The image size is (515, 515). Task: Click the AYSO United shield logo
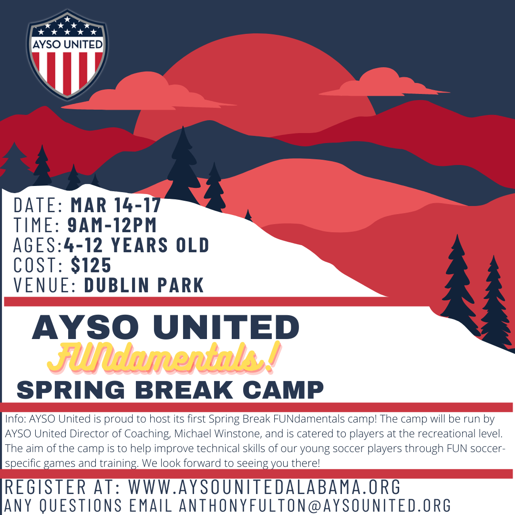[x=67, y=54]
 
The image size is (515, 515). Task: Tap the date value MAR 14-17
[x=116, y=205]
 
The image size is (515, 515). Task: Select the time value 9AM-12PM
[x=112, y=225]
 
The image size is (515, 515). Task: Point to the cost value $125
[x=91, y=265]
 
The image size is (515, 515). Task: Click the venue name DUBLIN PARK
[x=144, y=285]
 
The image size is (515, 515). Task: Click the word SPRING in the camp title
[x=71, y=390]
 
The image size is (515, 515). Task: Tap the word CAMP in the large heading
[x=283, y=390]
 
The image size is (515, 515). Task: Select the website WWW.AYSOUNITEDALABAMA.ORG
[x=264, y=486]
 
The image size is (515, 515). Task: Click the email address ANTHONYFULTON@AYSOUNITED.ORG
[x=315, y=505]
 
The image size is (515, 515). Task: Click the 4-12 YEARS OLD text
[x=136, y=245]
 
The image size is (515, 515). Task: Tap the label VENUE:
[x=45, y=285]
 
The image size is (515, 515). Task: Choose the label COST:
[x=39, y=265]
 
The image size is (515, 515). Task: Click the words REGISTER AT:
[x=62, y=486]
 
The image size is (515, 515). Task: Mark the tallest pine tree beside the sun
[x=183, y=166]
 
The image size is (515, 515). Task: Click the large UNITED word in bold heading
[x=226, y=327]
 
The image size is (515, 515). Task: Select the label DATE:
[x=38, y=205]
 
